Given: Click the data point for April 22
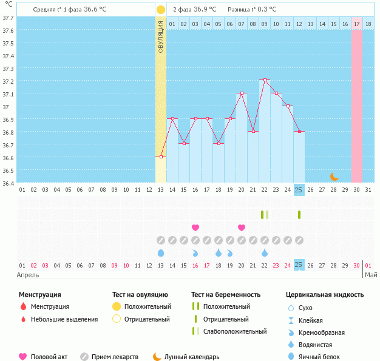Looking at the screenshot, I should click(x=264, y=80).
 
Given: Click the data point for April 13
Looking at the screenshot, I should click(x=160, y=157).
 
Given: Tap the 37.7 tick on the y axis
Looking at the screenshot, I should click(x=8, y=18).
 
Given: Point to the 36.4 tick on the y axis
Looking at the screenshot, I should click(x=8, y=183).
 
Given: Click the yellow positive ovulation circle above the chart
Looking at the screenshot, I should click(x=160, y=10).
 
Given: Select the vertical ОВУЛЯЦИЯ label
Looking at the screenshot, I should click(x=161, y=37).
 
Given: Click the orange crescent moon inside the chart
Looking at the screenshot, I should click(x=334, y=176).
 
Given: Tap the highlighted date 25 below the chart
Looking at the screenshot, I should click(x=299, y=265).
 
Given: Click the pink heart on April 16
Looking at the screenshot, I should click(x=195, y=228).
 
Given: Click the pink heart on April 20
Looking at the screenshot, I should click(x=242, y=228).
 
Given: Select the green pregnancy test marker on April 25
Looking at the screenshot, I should click(x=299, y=215).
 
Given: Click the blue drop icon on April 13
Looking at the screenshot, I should click(x=160, y=252).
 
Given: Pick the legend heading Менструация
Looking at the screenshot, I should click(x=39, y=295).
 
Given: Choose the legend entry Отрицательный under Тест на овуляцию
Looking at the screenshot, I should click(x=147, y=319).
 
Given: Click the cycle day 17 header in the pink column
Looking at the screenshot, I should click(x=356, y=24).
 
